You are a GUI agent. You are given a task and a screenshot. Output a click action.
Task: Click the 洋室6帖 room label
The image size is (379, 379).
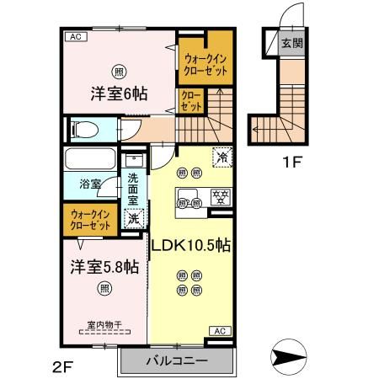(118, 93)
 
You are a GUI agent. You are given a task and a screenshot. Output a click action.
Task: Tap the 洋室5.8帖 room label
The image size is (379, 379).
(103, 267)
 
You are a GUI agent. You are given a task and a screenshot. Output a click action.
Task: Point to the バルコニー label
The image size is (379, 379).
(176, 363)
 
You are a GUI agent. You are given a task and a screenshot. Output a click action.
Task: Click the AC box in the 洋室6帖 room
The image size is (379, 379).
(75, 37)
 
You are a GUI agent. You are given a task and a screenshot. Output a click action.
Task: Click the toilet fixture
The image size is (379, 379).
(84, 129)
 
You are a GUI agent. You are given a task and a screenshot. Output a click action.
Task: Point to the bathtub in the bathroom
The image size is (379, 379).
(91, 160)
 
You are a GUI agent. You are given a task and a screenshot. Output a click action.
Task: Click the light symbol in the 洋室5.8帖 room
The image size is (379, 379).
(104, 290)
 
